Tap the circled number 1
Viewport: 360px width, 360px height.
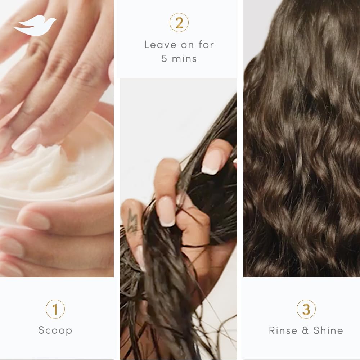coord(55,309)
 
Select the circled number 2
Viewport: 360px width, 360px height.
coord(179,22)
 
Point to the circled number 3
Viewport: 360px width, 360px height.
coord(306,309)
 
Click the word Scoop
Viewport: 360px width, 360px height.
coord(55,330)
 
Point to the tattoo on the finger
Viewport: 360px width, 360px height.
coord(132,220)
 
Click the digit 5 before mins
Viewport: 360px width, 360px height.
coord(165,59)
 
